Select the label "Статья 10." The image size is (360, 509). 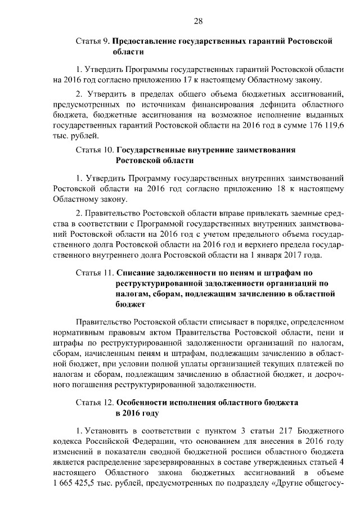tap(94, 150)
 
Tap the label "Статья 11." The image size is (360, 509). tap(94, 273)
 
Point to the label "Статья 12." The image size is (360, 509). tap(94, 403)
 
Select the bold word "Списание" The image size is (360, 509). tap(138, 273)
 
